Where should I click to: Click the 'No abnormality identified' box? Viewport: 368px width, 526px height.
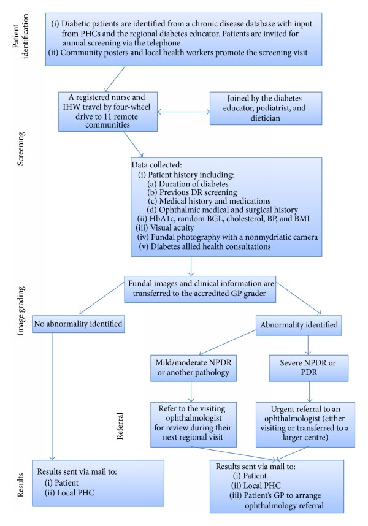pos(78,324)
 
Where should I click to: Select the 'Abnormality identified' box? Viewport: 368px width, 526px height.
pos(299,325)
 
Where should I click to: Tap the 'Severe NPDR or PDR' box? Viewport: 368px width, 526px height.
pos(309,368)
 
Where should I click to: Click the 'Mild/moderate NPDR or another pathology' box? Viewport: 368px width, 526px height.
pos(193,368)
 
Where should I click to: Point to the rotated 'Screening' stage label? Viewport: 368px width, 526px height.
pos(21,148)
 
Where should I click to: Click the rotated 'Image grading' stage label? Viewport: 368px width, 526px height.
pos(21,310)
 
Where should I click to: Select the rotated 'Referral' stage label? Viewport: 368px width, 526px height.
pos(120,426)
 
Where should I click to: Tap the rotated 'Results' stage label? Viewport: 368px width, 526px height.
pos(21,485)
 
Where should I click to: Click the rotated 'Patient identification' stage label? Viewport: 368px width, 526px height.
pos(20,36)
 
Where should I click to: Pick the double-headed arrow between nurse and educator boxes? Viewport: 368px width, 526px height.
pos(183,112)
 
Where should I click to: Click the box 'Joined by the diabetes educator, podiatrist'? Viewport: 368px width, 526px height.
pos(266,109)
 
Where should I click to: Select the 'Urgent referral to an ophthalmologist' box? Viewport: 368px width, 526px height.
pos(305,424)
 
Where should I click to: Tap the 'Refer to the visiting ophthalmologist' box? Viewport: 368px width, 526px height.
pos(193,424)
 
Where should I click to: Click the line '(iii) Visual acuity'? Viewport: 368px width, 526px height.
pos(165,228)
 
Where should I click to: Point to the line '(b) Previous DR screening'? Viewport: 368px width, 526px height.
pos(192,192)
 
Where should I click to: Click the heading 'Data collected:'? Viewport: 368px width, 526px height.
pos(156,165)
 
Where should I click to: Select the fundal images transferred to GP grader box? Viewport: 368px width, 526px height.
pos(200,289)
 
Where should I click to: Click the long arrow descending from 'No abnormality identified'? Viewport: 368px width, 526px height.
pos(52,396)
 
